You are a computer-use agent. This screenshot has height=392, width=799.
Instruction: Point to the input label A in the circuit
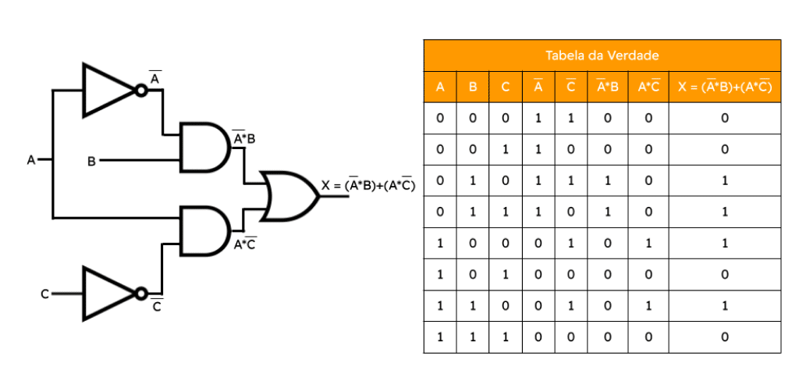pyautogui.click(x=31, y=161)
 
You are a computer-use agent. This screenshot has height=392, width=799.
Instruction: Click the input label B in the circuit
pyautogui.click(x=92, y=162)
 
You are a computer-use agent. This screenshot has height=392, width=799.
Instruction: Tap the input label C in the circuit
pyautogui.click(x=44, y=294)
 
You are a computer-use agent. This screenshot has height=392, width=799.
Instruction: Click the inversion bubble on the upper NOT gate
pyautogui.click(x=141, y=91)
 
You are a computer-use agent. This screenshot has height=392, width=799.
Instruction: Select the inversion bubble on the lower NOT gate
pyautogui.click(x=141, y=294)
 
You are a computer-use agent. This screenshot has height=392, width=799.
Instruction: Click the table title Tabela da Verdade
pyautogui.click(x=602, y=55)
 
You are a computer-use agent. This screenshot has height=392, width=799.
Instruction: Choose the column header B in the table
pyautogui.click(x=472, y=87)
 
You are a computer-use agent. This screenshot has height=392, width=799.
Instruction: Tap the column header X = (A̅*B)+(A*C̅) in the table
pyautogui.click(x=725, y=87)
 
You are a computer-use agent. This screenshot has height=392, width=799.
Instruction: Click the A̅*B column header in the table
pyautogui.click(x=607, y=87)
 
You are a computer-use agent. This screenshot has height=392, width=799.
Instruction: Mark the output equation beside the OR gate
pyautogui.click(x=368, y=186)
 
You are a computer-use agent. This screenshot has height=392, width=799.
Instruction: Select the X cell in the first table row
pyautogui.click(x=725, y=118)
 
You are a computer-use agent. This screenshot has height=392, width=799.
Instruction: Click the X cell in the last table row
pyautogui.click(x=725, y=337)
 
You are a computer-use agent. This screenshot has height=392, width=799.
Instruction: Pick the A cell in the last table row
pyautogui.click(x=440, y=337)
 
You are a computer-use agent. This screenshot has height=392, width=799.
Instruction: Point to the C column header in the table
pyautogui.click(x=505, y=87)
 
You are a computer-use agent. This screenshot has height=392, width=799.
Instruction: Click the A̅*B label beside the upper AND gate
pyautogui.click(x=244, y=137)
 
